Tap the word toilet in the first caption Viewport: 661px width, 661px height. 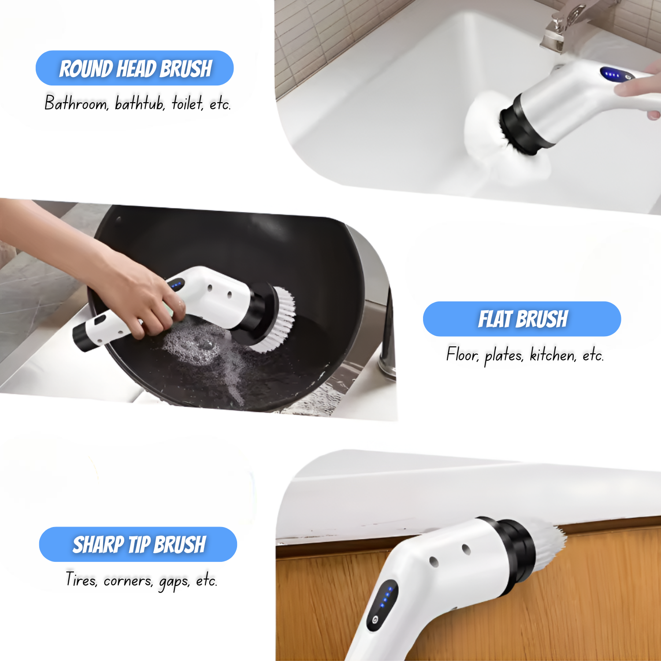pyautogui.click(x=187, y=103)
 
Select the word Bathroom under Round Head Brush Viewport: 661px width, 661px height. pyautogui.click(x=76, y=103)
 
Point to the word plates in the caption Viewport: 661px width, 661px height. pyautogui.click(x=504, y=355)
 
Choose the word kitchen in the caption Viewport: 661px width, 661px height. pyautogui.click(x=553, y=354)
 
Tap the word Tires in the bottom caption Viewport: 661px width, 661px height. pyautogui.click(x=82, y=579)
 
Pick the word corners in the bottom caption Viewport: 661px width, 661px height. pyautogui.click(x=128, y=581)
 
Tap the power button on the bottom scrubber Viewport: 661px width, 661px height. pyautogui.click(x=375, y=620)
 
